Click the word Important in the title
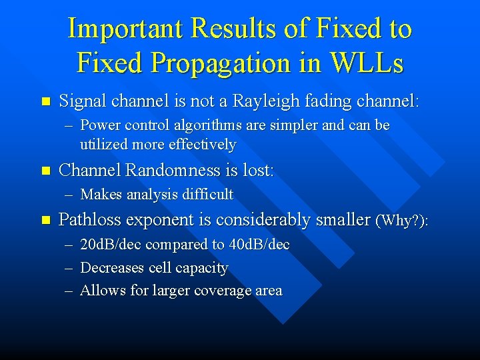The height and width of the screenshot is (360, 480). point(125,29)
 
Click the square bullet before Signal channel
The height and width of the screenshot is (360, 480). point(45,102)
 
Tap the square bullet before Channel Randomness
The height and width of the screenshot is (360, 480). point(45,171)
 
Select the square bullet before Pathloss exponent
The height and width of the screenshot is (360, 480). point(45,220)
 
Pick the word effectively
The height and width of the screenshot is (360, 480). point(202,144)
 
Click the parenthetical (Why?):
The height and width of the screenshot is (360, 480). point(403,220)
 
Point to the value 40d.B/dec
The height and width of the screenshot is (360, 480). point(259,245)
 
